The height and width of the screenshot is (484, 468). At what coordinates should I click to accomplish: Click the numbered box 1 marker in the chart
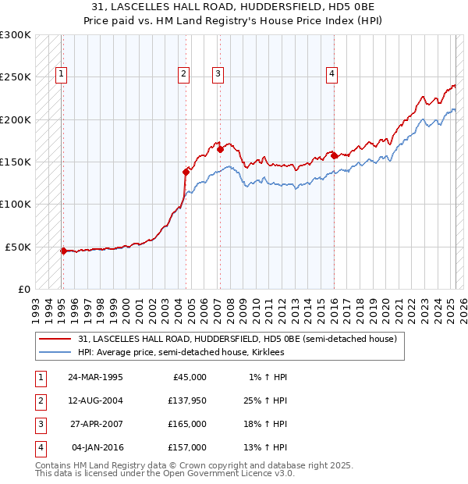click(x=61, y=74)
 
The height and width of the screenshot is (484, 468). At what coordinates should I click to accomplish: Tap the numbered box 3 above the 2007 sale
click(x=218, y=74)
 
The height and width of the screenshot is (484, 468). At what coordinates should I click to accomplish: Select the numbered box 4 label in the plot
click(x=331, y=74)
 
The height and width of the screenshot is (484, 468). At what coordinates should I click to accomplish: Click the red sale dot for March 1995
click(x=63, y=251)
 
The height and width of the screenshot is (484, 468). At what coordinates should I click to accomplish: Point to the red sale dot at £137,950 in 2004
click(x=186, y=172)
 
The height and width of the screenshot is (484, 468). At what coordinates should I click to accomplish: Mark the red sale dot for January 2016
click(x=334, y=155)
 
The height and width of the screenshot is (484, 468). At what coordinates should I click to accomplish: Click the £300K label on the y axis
click(x=16, y=35)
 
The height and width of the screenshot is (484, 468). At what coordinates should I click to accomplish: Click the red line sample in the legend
click(x=56, y=340)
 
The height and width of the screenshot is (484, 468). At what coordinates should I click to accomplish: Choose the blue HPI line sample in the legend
click(x=56, y=352)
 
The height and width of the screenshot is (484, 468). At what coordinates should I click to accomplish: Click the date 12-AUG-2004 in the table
click(x=96, y=401)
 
